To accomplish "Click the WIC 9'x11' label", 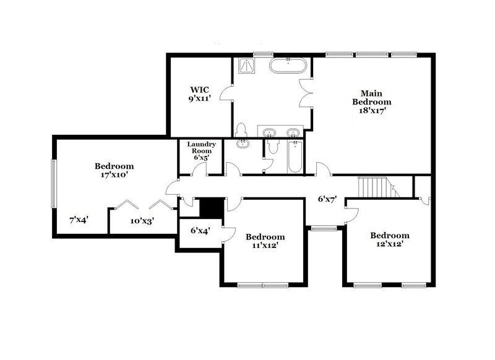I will click(x=200, y=93).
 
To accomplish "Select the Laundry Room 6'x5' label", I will click(x=202, y=151).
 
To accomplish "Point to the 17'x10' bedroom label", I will click(x=114, y=171).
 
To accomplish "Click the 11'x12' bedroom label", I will click(x=265, y=242).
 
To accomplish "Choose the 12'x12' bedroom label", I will click(x=389, y=240).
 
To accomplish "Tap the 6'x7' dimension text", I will click(x=327, y=200).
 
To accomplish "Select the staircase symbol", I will click(x=374, y=187).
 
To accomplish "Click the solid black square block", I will click(x=212, y=207).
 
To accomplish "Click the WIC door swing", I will click(x=226, y=95).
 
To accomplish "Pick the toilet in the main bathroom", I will click(x=242, y=130).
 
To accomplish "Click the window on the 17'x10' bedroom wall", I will click(x=53, y=184).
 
